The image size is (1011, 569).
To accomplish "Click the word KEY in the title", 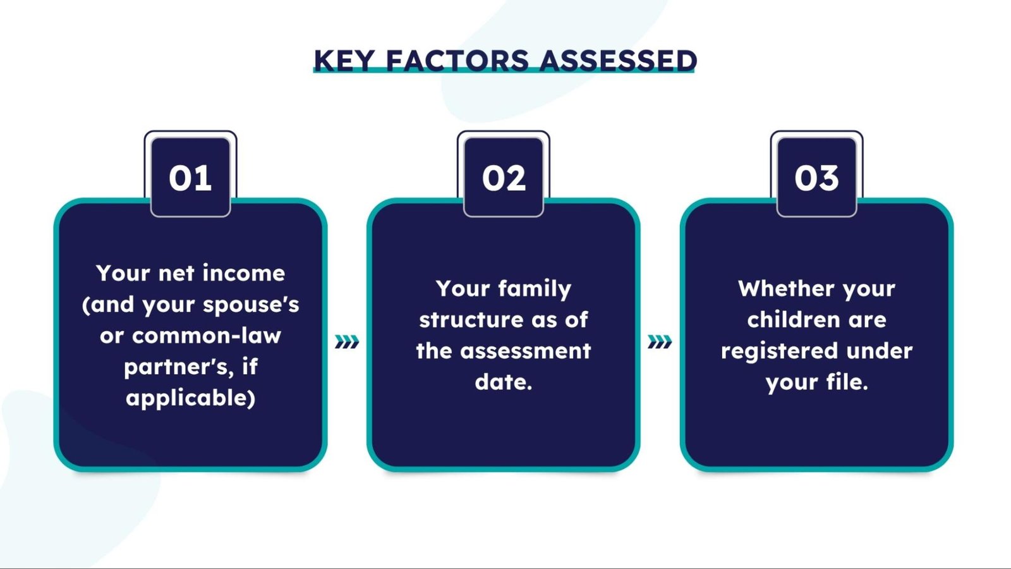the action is click(344, 61).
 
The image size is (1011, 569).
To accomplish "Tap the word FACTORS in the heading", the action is click(457, 61).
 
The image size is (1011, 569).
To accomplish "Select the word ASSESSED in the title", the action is click(619, 61).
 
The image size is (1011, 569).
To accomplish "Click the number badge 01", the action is click(190, 177).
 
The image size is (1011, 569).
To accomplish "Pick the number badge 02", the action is click(504, 177).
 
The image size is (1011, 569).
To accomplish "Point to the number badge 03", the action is click(817, 177).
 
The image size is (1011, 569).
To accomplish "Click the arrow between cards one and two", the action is click(347, 342).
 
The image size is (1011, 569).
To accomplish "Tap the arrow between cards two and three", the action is click(660, 342).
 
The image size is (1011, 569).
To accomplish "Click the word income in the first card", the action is click(244, 273).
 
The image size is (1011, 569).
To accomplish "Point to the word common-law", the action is click(207, 336).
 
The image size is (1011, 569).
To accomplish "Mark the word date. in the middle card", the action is click(504, 382).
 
